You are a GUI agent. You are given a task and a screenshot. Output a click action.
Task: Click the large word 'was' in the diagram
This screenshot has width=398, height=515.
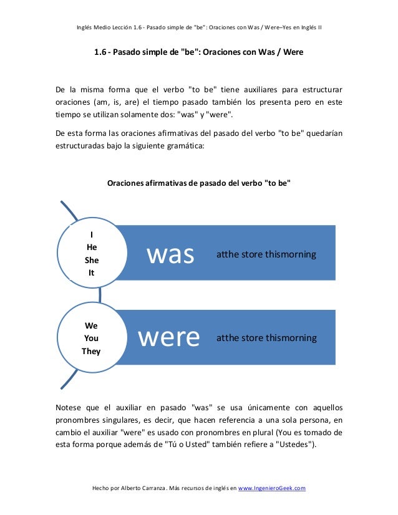pyautogui.click(x=170, y=254)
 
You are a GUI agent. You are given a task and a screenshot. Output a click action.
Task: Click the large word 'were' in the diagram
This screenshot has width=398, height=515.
pyautogui.click(x=168, y=337)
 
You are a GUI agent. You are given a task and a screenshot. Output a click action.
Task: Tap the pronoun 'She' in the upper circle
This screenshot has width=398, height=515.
pyautogui.click(x=92, y=259)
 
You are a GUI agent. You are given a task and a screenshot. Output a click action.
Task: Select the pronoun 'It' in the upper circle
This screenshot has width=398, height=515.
pyautogui.click(x=92, y=272)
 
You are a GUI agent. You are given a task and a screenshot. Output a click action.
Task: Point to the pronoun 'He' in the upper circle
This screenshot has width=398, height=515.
pyautogui.click(x=92, y=247)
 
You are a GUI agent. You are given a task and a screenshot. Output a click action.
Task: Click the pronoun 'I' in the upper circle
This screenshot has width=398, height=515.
pyautogui.click(x=92, y=234)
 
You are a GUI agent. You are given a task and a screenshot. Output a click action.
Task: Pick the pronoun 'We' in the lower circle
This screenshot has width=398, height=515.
pyautogui.click(x=91, y=325)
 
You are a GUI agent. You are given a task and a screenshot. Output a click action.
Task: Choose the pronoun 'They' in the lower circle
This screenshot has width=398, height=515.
pyautogui.click(x=91, y=350)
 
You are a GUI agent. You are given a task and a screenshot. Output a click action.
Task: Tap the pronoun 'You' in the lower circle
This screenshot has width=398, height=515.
pyautogui.click(x=91, y=338)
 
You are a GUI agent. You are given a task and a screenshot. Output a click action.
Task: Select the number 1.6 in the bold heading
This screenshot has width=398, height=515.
pyautogui.click(x=100, y=52)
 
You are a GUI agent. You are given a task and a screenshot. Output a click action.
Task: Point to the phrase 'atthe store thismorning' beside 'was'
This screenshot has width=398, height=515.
pyautogui.click(x=266, y=254)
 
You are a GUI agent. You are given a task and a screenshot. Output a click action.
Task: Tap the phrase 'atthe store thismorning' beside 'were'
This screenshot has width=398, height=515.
pyautogui.click(x=266, y=338)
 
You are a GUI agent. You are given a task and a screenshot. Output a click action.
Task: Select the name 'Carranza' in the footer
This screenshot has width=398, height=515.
pyautogui.click(x=157, y=488)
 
